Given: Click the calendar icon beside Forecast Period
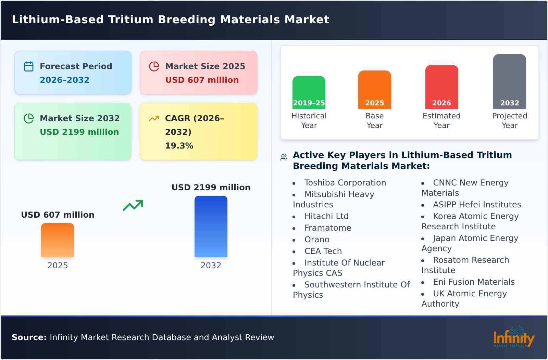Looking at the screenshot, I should point(29,66).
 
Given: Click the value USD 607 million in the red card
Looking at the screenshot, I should point(202,80).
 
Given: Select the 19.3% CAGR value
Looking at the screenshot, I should point(179,145).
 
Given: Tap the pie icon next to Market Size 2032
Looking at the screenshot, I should point(29,118).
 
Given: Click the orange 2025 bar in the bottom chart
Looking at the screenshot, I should point(58,240).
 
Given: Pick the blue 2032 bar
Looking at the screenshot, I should point(211,227).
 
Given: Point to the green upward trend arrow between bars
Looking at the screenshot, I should point(133,205).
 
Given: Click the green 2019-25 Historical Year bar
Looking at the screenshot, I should point(309,92).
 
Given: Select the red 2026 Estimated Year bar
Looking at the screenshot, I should point(441,87).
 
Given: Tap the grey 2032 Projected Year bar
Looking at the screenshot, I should point(509,81).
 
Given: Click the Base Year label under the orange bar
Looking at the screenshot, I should point(374,120).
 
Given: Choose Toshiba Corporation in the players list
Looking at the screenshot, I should point(345,183).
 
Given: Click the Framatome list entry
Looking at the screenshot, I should point(327,228).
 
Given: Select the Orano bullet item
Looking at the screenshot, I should point(316,240).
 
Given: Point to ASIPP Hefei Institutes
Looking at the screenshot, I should point(477,205).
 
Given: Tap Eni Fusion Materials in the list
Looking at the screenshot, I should point(474,282).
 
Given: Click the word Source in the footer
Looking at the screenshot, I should point(29,337).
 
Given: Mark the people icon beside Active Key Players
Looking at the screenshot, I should point(284,157).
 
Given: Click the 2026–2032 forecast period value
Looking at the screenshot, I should point(64,80).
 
